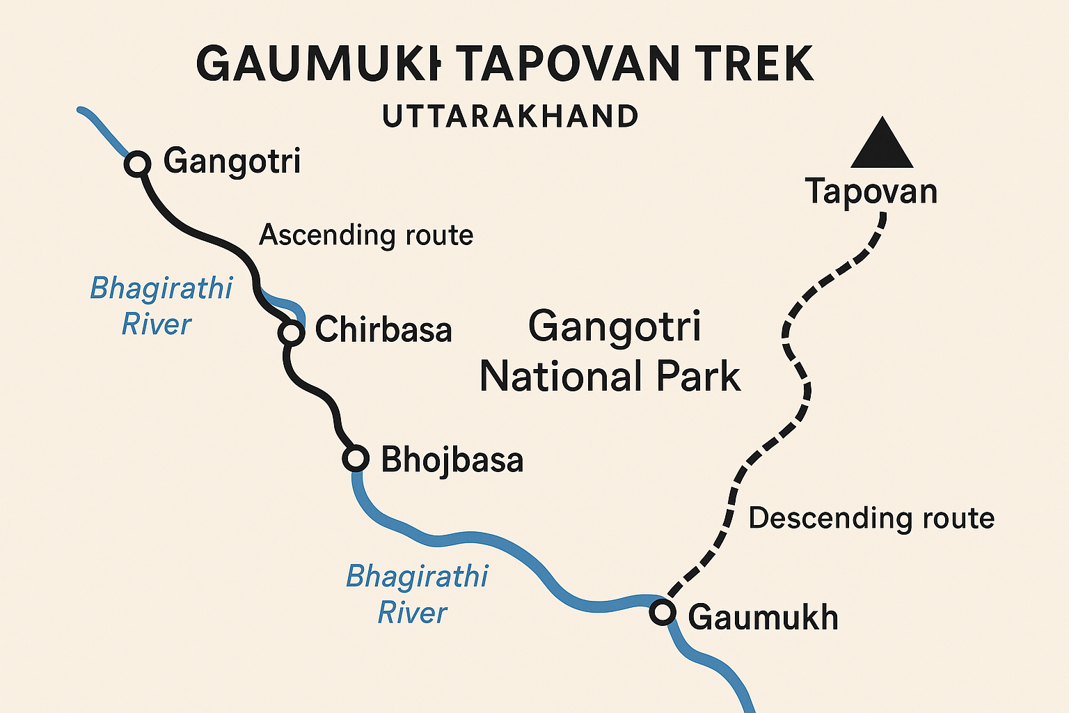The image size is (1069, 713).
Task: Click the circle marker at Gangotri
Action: (138, 164)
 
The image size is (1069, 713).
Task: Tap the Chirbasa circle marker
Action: (291, 333)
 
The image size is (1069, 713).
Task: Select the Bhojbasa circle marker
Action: (356, 459)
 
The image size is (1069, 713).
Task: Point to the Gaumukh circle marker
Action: (663, 613)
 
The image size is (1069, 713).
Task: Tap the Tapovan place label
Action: (871, 191)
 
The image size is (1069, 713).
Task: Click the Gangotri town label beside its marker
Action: (232, 162)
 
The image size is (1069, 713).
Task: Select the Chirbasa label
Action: (383, 330)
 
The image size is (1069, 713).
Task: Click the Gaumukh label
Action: (763, 618)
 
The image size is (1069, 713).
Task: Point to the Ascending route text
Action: (366, 235)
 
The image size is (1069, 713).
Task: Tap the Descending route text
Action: (871, 519)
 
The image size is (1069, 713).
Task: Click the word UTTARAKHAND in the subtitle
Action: (510, 117)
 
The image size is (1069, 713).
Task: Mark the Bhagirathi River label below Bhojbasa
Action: (416, 595)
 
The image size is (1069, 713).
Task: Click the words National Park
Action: (610, 377)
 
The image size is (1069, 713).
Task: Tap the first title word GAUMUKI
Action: (319, 64)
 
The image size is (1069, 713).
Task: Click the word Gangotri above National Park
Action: (614, 327)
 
